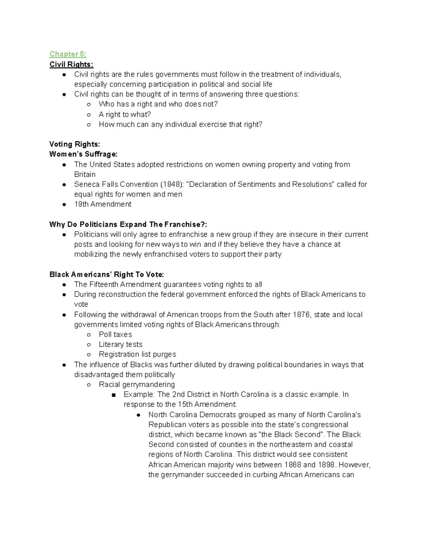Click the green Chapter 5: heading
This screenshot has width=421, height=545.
(68, 54)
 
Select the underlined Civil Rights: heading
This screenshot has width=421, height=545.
(71, 64)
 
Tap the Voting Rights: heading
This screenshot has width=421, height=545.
(74, 144)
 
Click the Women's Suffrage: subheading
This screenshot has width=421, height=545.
(83, 154)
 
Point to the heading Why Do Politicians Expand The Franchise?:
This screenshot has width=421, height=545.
(128, 224)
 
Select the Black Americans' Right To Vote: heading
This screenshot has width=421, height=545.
(107, 274)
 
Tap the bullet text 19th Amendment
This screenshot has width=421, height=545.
(102, 204)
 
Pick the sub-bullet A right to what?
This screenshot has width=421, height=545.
(125, 114)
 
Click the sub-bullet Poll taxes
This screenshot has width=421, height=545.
(115, 334)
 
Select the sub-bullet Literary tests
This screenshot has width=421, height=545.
(120, 344)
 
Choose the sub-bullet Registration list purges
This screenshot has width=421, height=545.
(137, 354)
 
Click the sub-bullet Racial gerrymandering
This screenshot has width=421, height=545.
(136, 384)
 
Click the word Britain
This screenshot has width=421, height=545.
(85, 174)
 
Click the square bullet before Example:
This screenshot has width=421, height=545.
(113, 395)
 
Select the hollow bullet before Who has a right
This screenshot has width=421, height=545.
(89, 104)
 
